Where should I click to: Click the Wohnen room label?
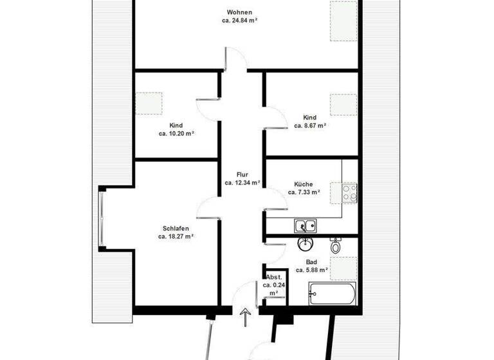pos(239,12)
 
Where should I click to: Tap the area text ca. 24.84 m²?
pos(239,21)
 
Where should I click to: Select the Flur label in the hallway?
pos(242,174)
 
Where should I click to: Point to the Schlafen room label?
pos(176,228)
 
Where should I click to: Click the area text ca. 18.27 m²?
pos(176,237)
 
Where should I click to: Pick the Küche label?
pos(304,183)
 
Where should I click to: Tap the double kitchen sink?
pos(305,226)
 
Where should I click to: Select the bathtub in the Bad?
pos(331,294)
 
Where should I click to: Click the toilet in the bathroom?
pos(335,245)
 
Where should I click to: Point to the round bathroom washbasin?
pos(304,244)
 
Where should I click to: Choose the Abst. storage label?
pos(273,276)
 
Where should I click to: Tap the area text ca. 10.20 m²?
pos(176,134)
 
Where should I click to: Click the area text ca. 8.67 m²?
pos(311,126)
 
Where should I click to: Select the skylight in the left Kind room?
pos(149,104)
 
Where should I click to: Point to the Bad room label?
pos(312,262)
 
